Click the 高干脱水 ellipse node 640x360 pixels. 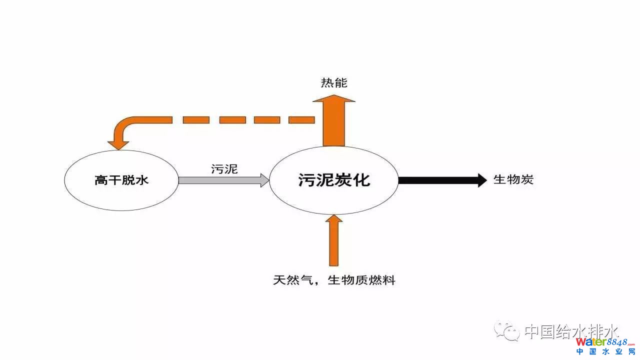[x=121, y=180]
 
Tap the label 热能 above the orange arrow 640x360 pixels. [x=334, y=83]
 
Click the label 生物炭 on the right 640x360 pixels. [x=513, y=179]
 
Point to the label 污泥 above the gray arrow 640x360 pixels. [x=224, y=168]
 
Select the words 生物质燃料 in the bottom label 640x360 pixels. [x=361, y=280]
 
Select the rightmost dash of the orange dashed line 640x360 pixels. [x=301, y=120]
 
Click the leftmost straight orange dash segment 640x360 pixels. [x=196, y=120]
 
